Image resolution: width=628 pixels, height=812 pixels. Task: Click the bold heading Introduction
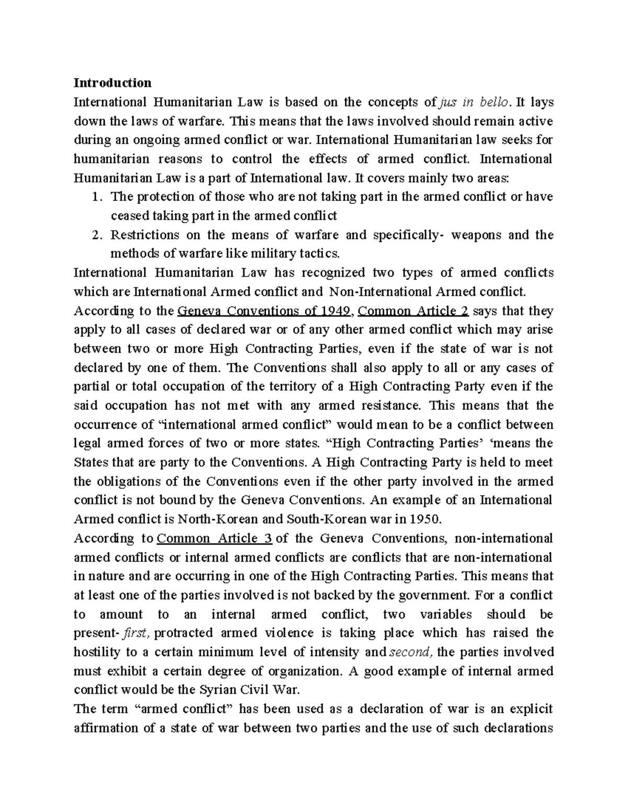click(x=113, y=83)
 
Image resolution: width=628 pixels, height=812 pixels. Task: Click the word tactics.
click(x=318, y=254)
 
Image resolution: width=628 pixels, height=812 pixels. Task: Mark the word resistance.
click(x=390, y=406)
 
